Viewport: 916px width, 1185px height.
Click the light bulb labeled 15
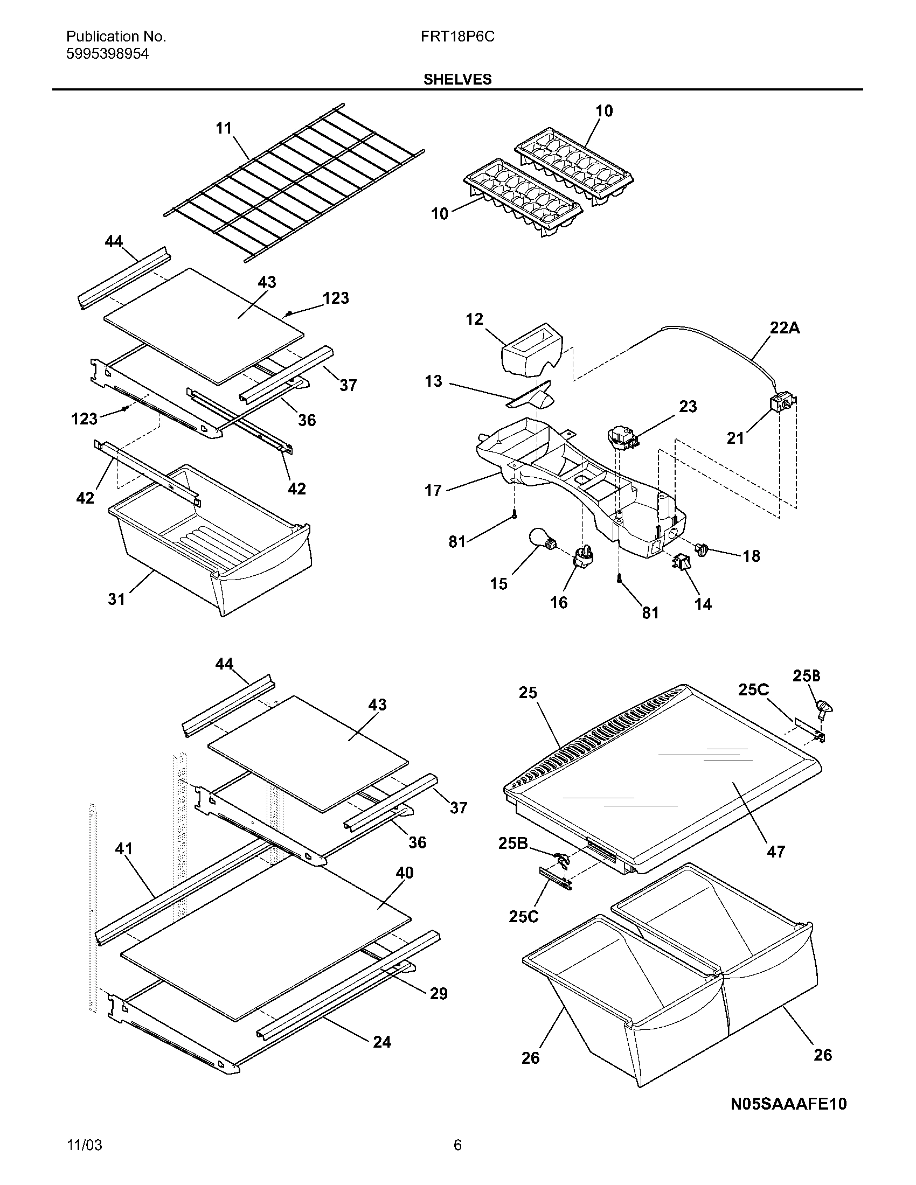point(541,540)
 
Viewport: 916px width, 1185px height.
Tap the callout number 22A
point(785,327)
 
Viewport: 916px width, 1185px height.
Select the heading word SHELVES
point(457,80)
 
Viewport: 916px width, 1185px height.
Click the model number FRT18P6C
point(457,37)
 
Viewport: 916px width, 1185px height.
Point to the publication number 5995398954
point(107,54)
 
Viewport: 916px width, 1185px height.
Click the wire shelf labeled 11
point(293,182)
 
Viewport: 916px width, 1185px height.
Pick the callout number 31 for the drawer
point(117,599)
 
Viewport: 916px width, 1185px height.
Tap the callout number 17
point(433,491)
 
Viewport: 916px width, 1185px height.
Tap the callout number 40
point(404,873)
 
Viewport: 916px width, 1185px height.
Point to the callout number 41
point(124,848)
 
